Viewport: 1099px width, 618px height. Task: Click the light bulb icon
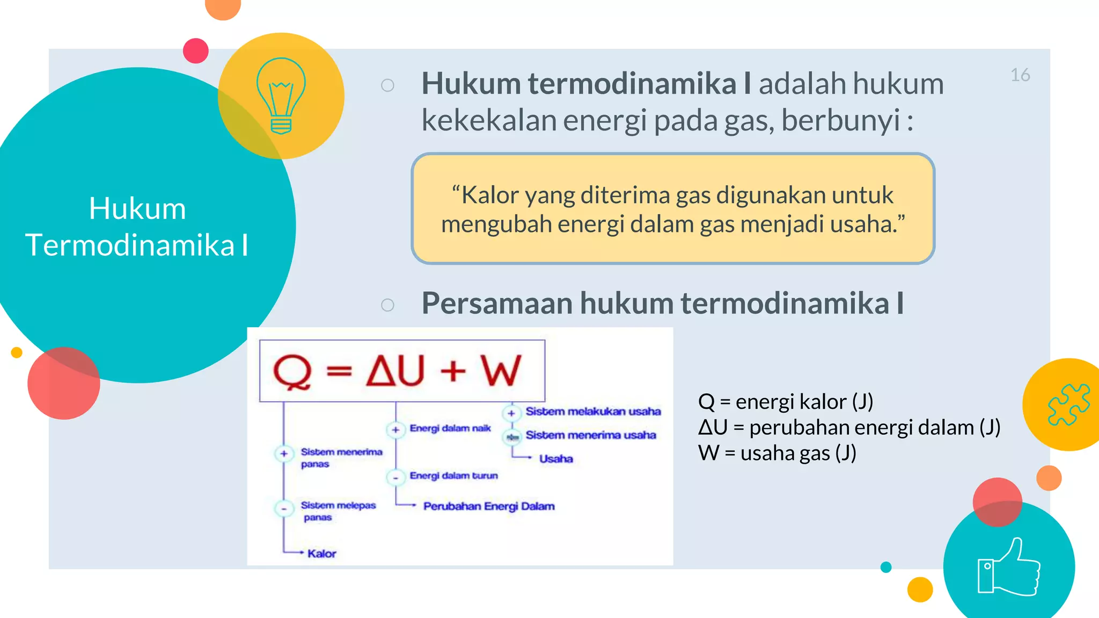click(281, 95)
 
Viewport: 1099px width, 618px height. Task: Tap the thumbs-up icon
click(1009, 568)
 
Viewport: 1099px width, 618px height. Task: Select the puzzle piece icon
click(1068, 404)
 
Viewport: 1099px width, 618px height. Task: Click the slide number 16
click(1020, 75)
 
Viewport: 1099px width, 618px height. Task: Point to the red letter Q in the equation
click(292, 371)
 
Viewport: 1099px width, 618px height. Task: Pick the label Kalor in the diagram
click(321, 553)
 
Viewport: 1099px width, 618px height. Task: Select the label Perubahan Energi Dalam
click(488, 506)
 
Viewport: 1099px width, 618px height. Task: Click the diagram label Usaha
click(556, 459)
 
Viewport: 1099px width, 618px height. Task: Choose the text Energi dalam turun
click(453, 476)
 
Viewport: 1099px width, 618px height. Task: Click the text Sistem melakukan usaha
click(593, 411)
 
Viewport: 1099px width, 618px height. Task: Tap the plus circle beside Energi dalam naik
click(395, 430)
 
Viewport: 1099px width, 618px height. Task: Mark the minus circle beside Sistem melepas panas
click(284, 508)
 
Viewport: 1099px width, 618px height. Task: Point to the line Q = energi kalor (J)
click(785, 402)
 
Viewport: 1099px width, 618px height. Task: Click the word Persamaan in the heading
click(497, 303)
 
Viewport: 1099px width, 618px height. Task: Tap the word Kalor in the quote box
click(489, 195)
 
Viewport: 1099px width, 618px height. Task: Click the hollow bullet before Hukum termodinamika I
click(387, 85)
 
